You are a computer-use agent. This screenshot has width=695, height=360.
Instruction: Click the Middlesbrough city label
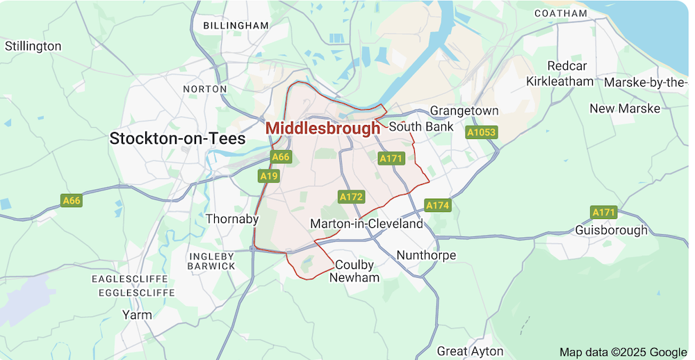click(322, 129)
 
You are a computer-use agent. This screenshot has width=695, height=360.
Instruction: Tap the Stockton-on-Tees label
click(177, 138)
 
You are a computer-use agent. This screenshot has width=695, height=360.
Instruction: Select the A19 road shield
click(268, 176)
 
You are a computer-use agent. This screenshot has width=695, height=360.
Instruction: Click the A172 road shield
click(351, 197)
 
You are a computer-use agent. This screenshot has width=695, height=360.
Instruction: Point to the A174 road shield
click(438, 205)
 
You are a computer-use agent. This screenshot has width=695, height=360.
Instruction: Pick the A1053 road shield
click(481, 132)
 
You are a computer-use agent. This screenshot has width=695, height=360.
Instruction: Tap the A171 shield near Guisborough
click(604, 211)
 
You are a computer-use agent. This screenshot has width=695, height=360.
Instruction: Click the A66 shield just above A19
click(280, 157)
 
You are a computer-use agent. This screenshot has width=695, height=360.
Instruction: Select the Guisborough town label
click(612, 230)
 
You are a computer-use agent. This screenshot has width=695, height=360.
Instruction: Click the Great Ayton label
click(470, 351)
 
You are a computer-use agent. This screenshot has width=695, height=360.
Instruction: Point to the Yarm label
click(136, 314)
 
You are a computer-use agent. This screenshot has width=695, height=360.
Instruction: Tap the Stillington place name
click(33, 47)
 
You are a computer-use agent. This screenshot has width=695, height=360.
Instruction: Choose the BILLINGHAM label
click(236, 26)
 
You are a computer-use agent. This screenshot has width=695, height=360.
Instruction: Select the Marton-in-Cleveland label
click(366, 224)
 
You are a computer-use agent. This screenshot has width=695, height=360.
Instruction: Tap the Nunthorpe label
click(426, 255)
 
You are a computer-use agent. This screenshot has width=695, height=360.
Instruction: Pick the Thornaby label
click(232, 219)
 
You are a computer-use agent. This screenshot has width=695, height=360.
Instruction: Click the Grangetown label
click(464, 111)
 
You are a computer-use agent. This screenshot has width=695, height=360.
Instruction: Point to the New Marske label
click(625, 108)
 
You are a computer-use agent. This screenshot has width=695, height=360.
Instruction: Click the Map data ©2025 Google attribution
click(623, 352)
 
